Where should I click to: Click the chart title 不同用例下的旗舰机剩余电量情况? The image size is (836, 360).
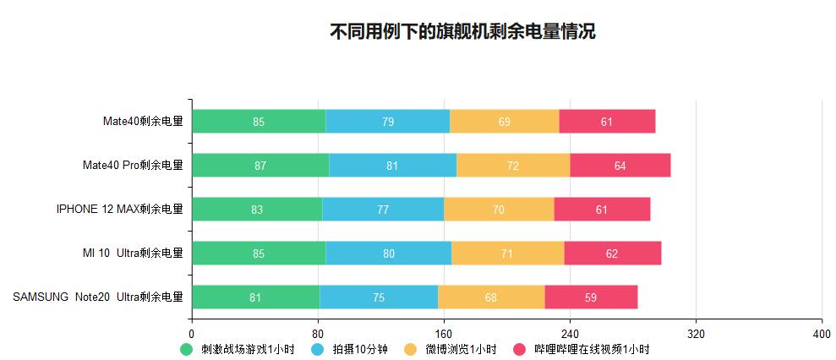pos(462,32)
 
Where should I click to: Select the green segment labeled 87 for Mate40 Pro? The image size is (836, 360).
pos(260,166)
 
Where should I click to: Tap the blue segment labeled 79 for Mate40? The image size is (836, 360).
pos(387,122)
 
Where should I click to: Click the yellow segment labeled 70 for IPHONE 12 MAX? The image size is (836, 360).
pos(499,210)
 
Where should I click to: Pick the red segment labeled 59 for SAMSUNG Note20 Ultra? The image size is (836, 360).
pos(591,297)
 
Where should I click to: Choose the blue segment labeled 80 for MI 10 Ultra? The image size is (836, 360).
pos(388,254)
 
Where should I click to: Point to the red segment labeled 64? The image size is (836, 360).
pos(620,166)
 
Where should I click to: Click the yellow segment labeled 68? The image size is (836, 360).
pos(491,297)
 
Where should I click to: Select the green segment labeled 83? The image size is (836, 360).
pos(257,210)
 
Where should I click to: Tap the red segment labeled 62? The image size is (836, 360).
pos(612,254)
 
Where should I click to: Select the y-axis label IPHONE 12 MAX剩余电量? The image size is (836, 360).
pos(119,210)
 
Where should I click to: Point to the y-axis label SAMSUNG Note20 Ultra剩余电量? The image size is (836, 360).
pos(98,297)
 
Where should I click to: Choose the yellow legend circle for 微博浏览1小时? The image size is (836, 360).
pos(411,349)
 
